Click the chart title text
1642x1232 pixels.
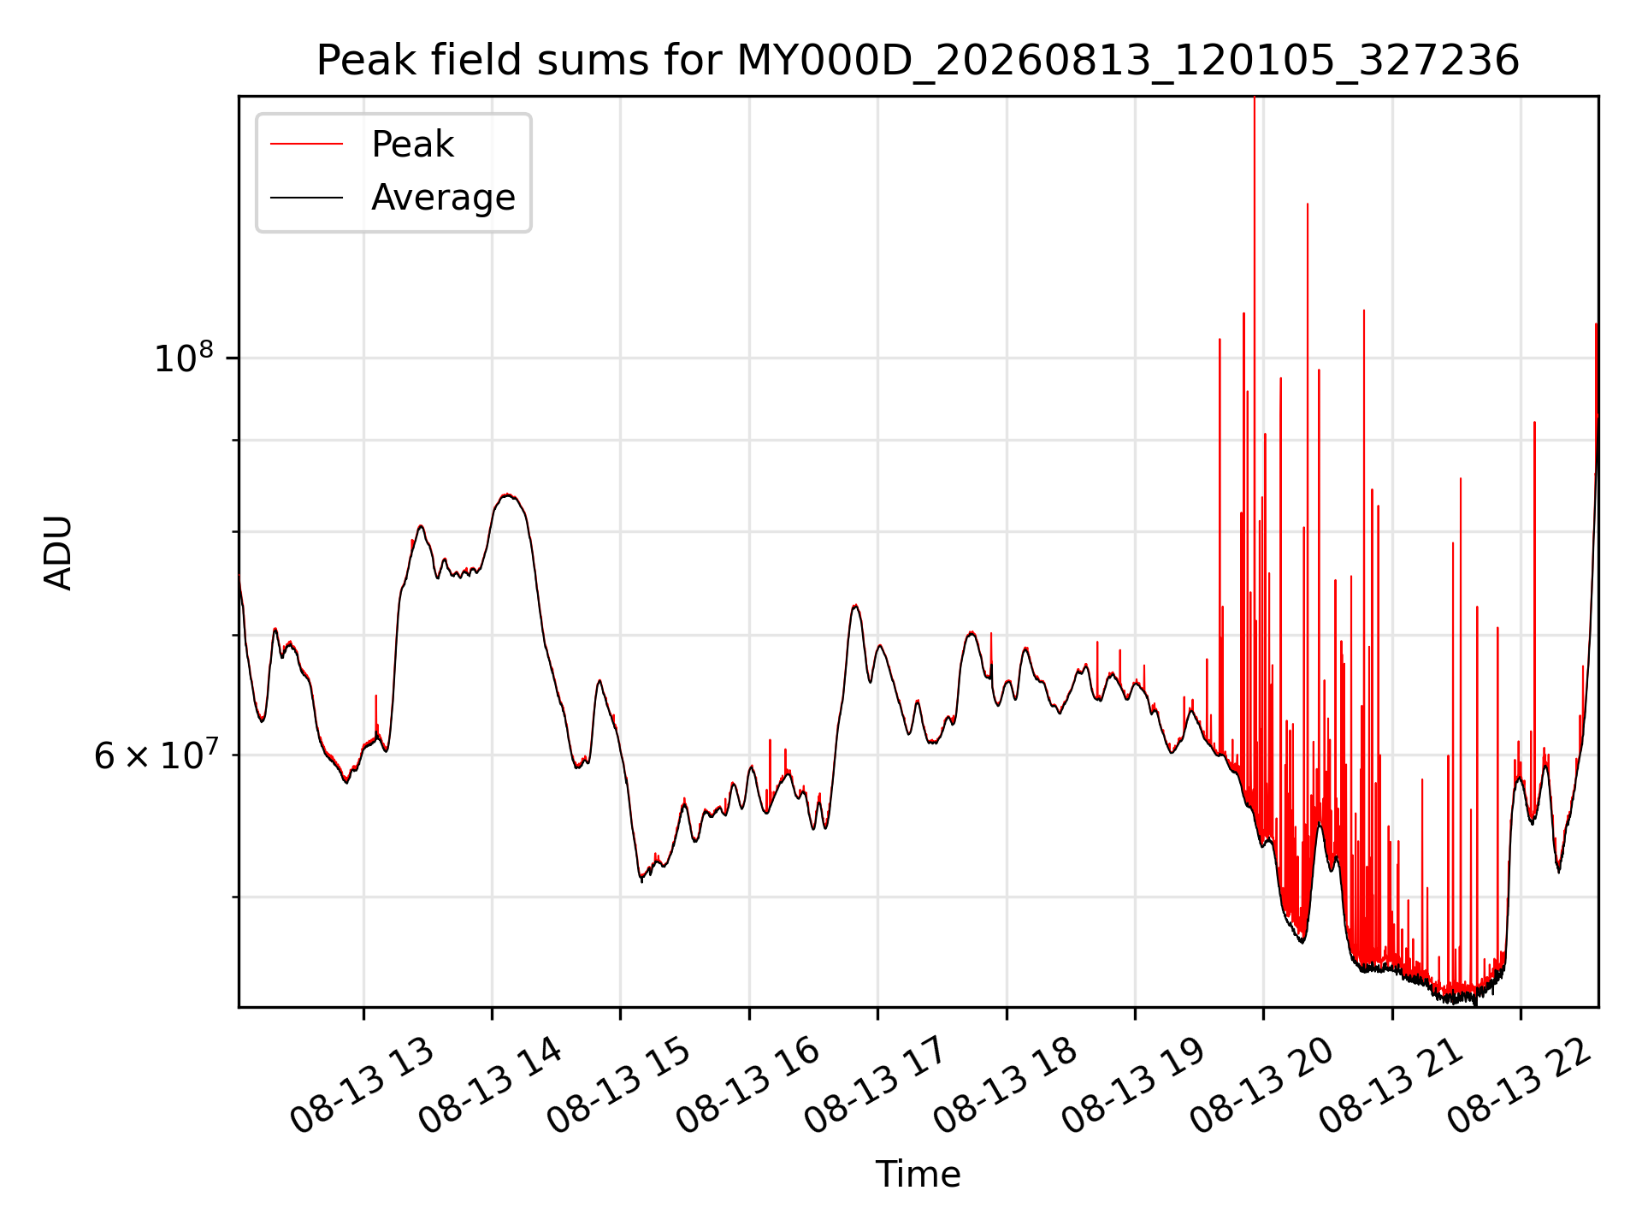point(918,61)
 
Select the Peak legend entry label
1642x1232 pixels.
point(412,145)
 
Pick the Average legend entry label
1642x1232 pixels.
point(443,198)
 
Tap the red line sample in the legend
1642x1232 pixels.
point(306,145)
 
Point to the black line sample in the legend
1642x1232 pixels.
point(306,198)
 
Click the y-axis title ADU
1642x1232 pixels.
point(58,552)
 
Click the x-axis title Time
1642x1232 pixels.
point(918,1175)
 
